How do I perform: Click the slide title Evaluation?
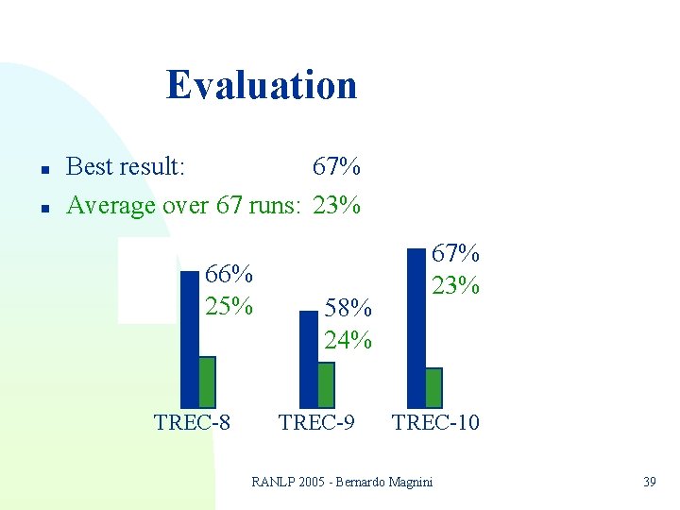pyautogui.click(x=262, y=85)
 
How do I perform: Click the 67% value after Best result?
pyautogui.click(x=335, y=167)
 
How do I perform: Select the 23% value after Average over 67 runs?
pyautogui.click(x=335, y=204)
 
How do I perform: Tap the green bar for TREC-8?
pyautogui.click(x=207, y=382)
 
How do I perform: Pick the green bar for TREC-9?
pyautogui.click(x=326, y=383)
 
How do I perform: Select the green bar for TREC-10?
pyautogui.click(x=433, y=386)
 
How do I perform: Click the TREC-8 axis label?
pyautogui.click(x=192, y=422)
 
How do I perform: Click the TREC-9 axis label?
pyautogui.click(x=316, y=422)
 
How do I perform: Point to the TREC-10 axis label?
pyautogui.click(x=435, y=422)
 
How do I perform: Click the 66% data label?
pyautogui.click(x=229, y=275)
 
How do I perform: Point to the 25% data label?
pyautogui.click(x=229, y=306)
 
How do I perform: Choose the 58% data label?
pyautogui.click(x=348, y=307)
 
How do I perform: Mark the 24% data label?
pyautogui.click(x=348, y=338)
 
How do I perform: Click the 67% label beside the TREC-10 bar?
pyautogui.click(x=456, y=253)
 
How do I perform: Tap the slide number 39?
pyautogui.click(x=649, y=483)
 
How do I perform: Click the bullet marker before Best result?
pyautogui.click(x=44, y=169)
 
